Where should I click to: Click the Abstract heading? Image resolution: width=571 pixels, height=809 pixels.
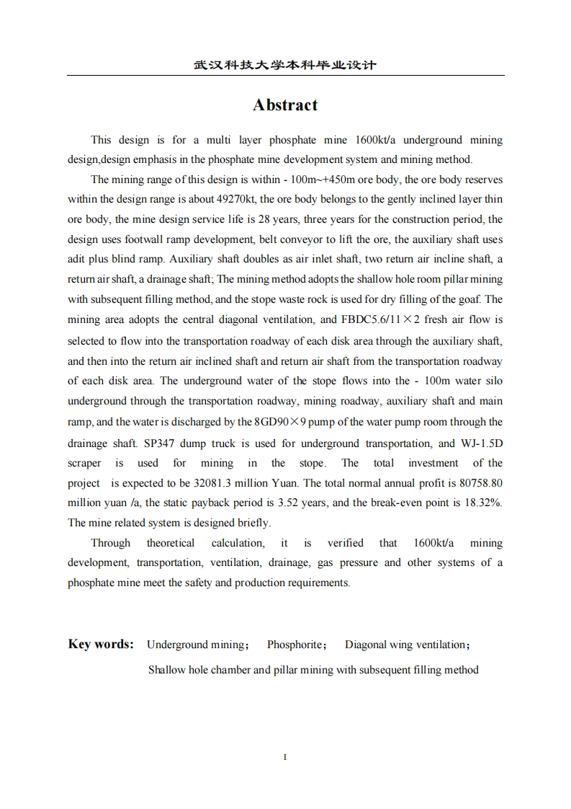(x=285, y=105)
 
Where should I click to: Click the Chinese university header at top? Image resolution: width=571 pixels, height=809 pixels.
(x=285, y=66)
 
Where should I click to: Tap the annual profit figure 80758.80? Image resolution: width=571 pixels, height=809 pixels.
(x=476, y=483)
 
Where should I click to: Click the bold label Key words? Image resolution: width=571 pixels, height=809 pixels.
(x=101, y=644)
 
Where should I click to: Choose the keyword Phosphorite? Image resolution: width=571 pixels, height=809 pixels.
(x=295, y=645)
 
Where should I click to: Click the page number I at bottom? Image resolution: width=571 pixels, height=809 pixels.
(x=286, y=757)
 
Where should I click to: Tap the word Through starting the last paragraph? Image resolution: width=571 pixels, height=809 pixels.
(x=111, y=543)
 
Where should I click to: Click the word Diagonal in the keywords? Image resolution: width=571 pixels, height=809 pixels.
(x=367, y=645)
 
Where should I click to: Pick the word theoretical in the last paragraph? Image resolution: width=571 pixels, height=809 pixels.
(x=171, y=543)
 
